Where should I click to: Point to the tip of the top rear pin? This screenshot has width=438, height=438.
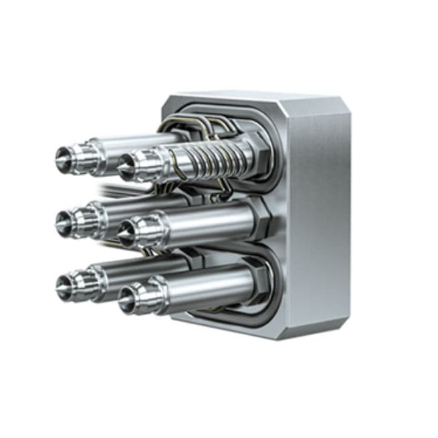pyautogui.click(x=62, y=158)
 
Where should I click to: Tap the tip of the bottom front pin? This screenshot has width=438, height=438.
pyautogui.click(x=125, y=297)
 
